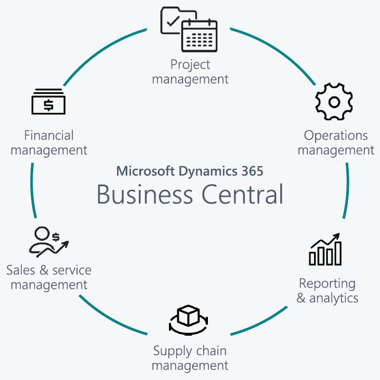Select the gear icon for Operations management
[x=334, y=101]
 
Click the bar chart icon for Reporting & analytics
[x=326, y=249]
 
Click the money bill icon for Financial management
[x=48, y=102]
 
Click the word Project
[x=190, y=64]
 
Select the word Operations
[x=336, y=136]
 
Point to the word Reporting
[x=327, y=283]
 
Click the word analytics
[x=334, y=298]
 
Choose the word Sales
[x=21, y=270]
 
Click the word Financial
[x=49, y=136]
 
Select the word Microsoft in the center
[x=145, y=171]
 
